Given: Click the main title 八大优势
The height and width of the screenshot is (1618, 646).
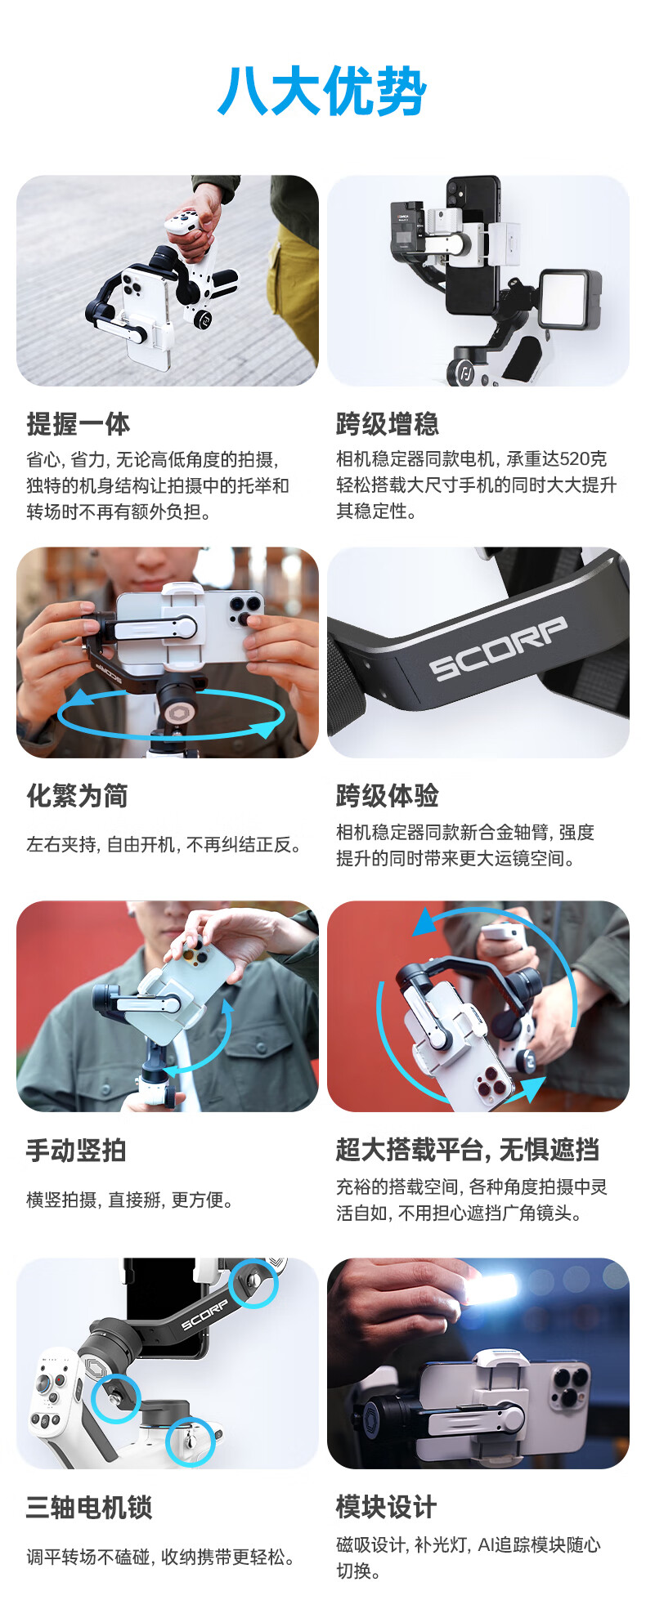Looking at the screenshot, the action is pyautogui.click(x=322, y=92).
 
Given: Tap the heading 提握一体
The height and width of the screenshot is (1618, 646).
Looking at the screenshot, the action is pyautogui.click(x=78, y=424).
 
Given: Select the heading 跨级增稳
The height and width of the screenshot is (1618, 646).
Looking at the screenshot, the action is pyautogui.click(x=388, y=424).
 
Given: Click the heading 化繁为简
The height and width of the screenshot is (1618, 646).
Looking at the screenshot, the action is pyautogui.click(x=78, y=796).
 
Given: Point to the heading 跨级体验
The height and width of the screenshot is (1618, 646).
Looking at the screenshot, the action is pyautogui.click(x=388, y=796).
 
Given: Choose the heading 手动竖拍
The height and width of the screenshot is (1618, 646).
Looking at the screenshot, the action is pyautogui.click(x=76, y=1151).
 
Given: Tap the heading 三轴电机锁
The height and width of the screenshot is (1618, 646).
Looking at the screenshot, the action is pyautogui.click(x=89, y=1507).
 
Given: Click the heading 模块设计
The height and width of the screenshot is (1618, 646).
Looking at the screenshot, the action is pyautogui.click(x=387, y=1507).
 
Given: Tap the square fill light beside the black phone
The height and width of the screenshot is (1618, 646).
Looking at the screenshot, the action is pyautogui.click(x=570, y=299).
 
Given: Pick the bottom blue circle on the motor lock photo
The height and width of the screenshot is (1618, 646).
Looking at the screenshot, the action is pyautogui.click(x=190, y=1442).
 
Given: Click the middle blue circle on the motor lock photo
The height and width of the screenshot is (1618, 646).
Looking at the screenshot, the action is pyautogui.click(x=115, y=1398).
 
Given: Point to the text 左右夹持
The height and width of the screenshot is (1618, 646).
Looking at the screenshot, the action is pyautogui.click(x=61, y=844).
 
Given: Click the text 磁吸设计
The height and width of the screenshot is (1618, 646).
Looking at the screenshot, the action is pyautogui.click(x=371, y=1544).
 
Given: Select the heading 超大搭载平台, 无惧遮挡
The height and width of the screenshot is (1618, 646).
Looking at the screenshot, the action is pyautogui.click(x=468, y=1151).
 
